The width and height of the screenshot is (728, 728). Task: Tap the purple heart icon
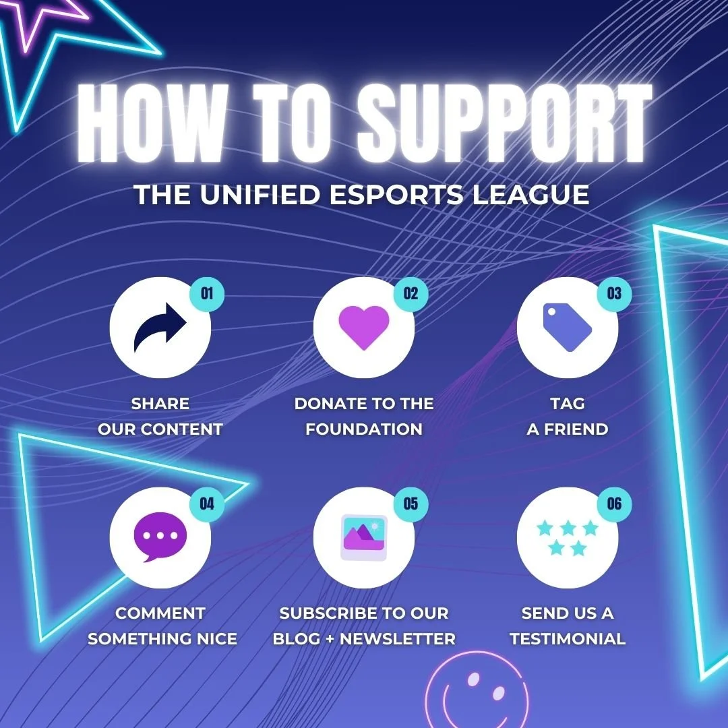[x=364, y=327]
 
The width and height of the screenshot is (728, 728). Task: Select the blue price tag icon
[x=568, y=327]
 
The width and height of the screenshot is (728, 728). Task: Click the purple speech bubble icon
[x=160, y=537]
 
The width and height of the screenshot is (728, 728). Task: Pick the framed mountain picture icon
[x=364, y=537]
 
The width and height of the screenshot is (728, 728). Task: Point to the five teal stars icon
[x=568, y=537]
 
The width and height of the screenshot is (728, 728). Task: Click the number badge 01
[x=207, y=294]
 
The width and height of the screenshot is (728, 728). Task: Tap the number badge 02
[x=411, y=294]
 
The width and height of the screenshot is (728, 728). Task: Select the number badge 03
[x=614, y=294]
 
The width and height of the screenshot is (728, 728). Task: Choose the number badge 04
[x=207, y=504]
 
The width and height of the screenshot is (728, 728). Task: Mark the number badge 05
[x=411, y=504]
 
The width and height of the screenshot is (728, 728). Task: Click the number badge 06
[x=614, y=504]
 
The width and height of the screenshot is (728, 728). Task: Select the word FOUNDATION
[x=364, y=429]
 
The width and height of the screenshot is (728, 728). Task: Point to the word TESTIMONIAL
[x=568, y=638]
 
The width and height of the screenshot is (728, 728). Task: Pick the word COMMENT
[x=160, y=613]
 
